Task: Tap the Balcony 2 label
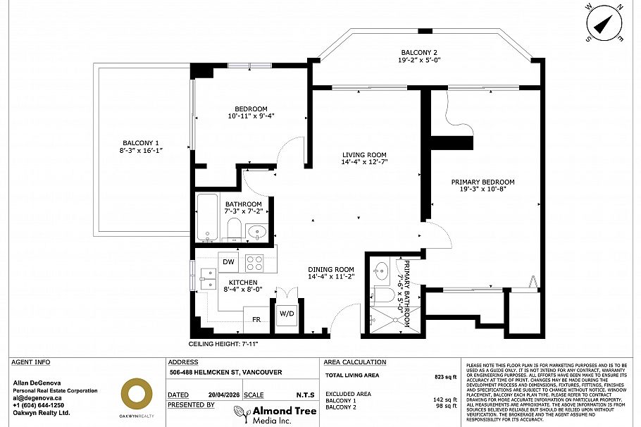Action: click(x=419, y=53)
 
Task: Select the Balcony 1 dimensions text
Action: click(x=141, y=150)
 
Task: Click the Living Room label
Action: click(x=364, y=155)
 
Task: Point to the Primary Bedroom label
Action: click(x=483, y=182)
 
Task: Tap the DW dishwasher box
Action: click(x=228, y=262)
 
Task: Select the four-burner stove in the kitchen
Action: click(x=254, y=262)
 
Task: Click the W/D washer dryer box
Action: click(x=287, y=314)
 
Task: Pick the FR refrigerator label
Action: click(x=257, y=319)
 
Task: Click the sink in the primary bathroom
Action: click(x=382, y=270)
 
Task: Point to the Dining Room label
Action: click(x=330, y=269)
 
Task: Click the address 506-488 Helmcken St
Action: click(x=225, y=373)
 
